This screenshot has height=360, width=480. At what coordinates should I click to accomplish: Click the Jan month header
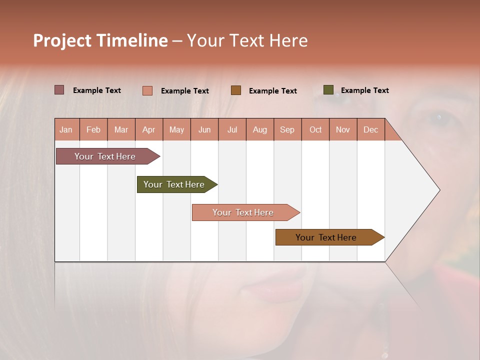[x=66, y=129]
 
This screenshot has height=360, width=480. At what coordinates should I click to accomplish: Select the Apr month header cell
[x=149, y=129]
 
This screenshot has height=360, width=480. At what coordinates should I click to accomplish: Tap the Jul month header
[x=232, y=129]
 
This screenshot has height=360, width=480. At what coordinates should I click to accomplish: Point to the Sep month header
[x=287, y=129]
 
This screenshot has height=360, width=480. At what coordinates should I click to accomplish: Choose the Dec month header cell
[x=370, y=129]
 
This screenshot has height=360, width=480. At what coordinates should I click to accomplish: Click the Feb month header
[x=93, y=129]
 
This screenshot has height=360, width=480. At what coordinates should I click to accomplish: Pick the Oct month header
[x=315, y=129]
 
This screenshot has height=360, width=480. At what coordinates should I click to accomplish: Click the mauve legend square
[x=59, y=90]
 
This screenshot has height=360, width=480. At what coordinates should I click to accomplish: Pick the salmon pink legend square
[x=147, y=90]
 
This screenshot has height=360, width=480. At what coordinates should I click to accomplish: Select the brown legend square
[x=236, y=90]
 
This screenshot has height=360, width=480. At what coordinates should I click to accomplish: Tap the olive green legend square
[x=328, y=90]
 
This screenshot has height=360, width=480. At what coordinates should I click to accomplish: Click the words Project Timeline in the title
[x=100, y=40]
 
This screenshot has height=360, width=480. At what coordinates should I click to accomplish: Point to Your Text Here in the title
[x=247, y=40]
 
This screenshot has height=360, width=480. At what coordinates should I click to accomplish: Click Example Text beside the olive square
[x=364, y=90]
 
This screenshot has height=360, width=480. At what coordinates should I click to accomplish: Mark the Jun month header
[x=204, y=129]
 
